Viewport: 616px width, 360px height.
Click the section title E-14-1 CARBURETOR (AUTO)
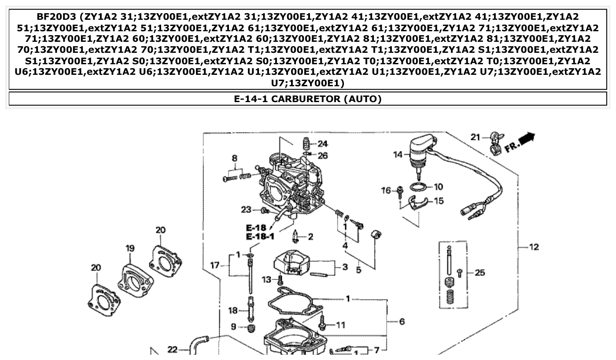(x=307, y=99)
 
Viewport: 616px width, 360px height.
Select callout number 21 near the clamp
(x=475, y=137)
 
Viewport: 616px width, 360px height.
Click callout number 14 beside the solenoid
(x=398, y=154)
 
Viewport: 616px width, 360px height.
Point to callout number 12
(x=534, y=247)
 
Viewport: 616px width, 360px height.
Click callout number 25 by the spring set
(x=480, y=273)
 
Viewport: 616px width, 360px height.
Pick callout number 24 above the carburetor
(x=323, y=143)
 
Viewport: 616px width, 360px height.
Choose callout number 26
(x=323, y=155)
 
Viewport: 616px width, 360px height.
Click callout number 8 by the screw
(x=235, y=158)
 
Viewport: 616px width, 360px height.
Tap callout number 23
(x=246, y=209)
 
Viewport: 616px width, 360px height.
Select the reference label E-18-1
(x=260, y=237)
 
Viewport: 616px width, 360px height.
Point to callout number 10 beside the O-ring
(x=438, y=187)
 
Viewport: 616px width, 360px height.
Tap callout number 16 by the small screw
(x=386, y=191)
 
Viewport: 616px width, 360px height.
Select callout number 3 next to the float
(x=345, y=267)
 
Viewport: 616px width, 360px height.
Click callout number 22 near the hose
(x=173, y=349)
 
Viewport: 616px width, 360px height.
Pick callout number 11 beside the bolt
(x=341, y=325)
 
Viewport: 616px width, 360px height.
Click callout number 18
(x=233, y=311)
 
